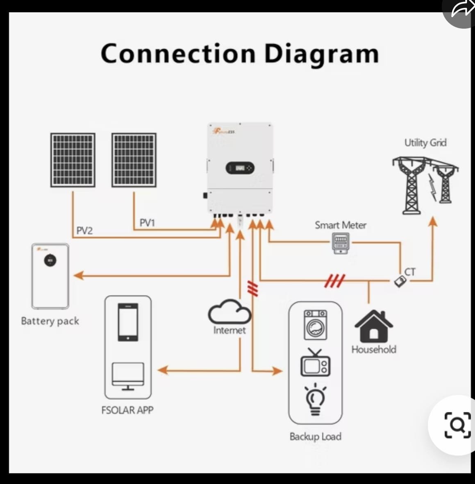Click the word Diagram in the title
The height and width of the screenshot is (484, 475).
point(321,54)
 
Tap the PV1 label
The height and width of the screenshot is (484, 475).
point(147,223)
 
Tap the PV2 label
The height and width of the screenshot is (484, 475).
point(84,231)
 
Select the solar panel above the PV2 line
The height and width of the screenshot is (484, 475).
point(73,160)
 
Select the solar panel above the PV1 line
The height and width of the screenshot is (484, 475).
point(134,160)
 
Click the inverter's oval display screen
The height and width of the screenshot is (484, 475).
point(240,167)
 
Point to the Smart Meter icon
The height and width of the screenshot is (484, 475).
point(341,243)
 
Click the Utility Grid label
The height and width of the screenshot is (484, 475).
point(425,142)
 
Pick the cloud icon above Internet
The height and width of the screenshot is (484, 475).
point(229,312)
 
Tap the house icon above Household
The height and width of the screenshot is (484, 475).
point(373,326)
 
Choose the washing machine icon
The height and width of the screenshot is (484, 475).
point(315,325)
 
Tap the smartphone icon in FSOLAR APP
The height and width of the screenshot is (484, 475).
point(128,322)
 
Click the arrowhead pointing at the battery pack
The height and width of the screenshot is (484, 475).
point(78,275)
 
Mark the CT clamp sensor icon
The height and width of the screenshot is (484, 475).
point(400,281)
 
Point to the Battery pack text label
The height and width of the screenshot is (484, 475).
point(50,321)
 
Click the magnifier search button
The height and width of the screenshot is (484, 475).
point(457,425)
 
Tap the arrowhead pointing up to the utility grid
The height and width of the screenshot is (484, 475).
point(432,222)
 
